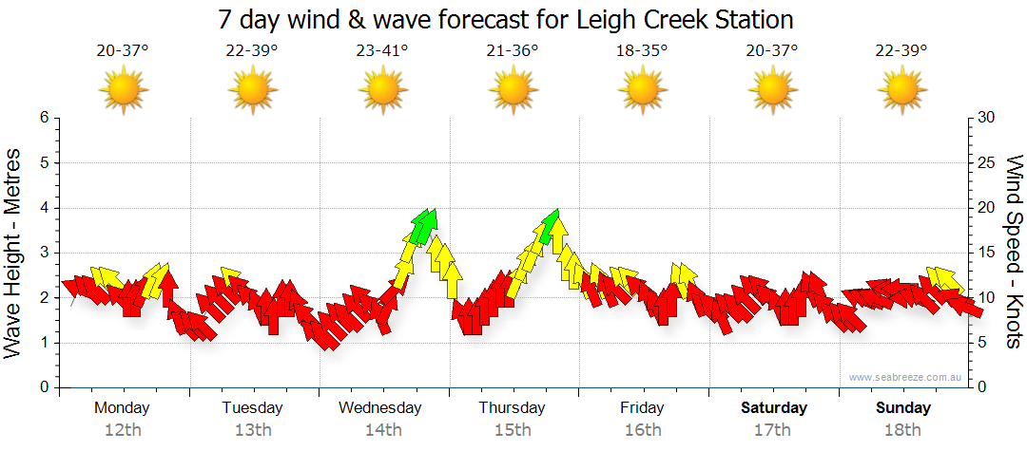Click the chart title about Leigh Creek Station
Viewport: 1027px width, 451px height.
click(x=505, y=19)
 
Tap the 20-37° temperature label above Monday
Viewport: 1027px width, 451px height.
click(x=123, y=51)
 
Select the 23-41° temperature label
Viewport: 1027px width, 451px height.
click(x=382, y=51)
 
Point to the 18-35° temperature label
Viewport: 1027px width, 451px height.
click(x=642, y=51)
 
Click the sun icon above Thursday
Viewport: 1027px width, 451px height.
click(x=513, y=91)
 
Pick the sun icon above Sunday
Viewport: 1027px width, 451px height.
click(x=901, y=91)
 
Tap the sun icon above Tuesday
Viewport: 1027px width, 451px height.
click(x=253, y=91)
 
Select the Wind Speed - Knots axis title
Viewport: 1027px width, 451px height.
click(x=1013, y=253)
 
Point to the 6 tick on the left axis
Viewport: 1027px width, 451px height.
click(x=43, y=118)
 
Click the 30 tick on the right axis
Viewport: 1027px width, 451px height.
click(x=987, y=118)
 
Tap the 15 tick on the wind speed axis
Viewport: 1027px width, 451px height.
click(x=987, y=253)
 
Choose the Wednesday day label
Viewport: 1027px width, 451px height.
click(x=380, y=408)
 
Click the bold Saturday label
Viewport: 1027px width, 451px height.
click(x=774, y=408)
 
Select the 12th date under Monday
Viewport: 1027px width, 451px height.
click(x=123, y=430)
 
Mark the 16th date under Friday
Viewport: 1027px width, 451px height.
click(x=643, y=430)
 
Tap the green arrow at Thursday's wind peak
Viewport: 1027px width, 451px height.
click(x=550, y=226)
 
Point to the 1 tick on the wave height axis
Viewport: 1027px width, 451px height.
click(x=43, y=343)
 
